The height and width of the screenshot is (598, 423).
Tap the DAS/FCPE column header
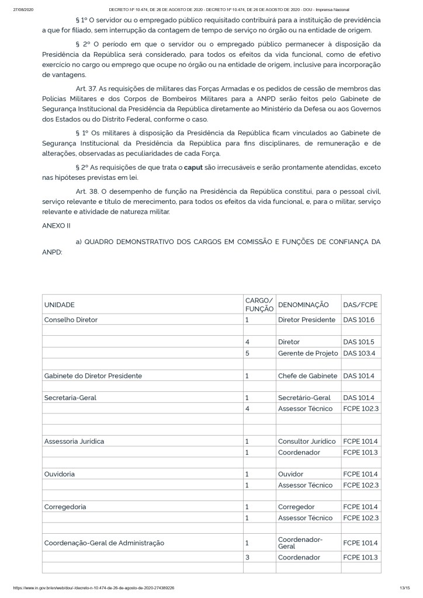tap(360, 305)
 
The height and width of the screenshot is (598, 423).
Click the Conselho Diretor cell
tap(71, 319)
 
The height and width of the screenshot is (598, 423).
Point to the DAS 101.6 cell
tap(359, 319)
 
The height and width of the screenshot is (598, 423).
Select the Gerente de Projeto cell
tap(308, 353)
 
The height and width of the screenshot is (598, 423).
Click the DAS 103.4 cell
tap(359, 353)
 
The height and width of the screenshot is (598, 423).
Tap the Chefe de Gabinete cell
tap(308, 375)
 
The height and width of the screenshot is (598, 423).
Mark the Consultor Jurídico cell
tap(307, 441)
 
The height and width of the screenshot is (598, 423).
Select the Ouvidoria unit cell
tap(60, 474)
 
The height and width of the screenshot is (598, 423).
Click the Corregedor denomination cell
tap(296, 506)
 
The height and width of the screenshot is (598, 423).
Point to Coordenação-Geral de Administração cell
tap(104, 543)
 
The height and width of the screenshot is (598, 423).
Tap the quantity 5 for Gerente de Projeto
tap(248, 353)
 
